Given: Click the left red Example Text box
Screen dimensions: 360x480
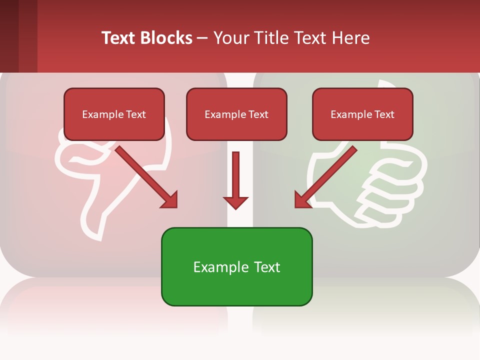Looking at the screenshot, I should (x=114, y=114).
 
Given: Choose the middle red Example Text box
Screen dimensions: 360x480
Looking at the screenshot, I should (x=236, y=114).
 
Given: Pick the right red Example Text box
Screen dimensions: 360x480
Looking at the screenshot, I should (x=362, y=114).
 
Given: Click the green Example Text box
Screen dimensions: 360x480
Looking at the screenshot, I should (x=236, y=267).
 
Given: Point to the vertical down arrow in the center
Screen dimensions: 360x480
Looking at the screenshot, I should (x=236, y=175).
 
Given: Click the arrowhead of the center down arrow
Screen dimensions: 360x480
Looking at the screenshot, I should (x=236, y=202).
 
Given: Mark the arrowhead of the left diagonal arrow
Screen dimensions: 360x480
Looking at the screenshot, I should (x=170, y=200).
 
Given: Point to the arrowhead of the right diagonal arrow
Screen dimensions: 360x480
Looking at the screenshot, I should (x=302, y=200).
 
